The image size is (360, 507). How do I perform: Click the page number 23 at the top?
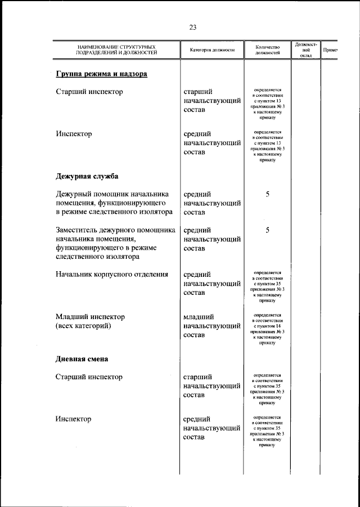[x=193, y=27]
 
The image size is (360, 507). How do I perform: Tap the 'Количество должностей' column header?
[x=267, y=50]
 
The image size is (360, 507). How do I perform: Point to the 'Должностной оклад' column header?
[x=305, y=50]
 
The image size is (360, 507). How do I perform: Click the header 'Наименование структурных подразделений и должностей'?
[x=117, y=50]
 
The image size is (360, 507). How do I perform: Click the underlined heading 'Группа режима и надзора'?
[x=101, y=74]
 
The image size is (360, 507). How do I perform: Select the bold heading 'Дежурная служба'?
[x=87, y=176]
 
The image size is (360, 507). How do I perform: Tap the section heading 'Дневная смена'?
[x=82, y=358]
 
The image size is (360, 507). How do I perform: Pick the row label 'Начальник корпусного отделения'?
[x=112, y=275]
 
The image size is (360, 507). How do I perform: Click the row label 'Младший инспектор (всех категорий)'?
[x=90, y=321]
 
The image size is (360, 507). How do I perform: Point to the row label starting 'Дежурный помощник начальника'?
[x=114, y=203]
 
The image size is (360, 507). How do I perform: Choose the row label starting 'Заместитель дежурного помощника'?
[x=115, y=243]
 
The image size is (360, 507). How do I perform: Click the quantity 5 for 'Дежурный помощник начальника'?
[x=268, y=195]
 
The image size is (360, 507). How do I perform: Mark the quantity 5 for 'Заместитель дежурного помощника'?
[x=268, y=230]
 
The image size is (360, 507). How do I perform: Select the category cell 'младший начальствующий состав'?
[x=211, y=326]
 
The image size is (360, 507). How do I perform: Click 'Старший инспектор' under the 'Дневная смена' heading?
[x=89, y=377]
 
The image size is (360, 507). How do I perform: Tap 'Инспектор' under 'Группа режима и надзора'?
[x=74, y=134]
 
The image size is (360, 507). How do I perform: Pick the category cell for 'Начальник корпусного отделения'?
[x=211, y=284]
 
